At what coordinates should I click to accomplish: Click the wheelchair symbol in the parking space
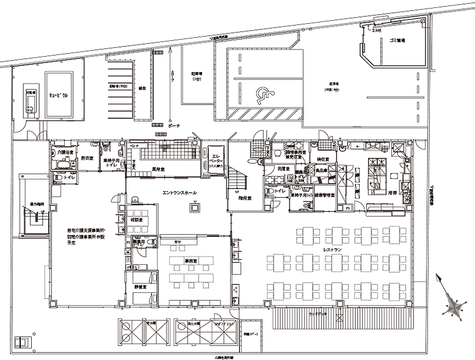[x=264, y=94]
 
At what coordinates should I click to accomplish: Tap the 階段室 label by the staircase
[x=237, y=197]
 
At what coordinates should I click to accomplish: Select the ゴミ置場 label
[x=396, y=40]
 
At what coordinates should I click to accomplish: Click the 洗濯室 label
[x=282, y=168]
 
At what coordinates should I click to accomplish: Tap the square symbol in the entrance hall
[x=194, y=207]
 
